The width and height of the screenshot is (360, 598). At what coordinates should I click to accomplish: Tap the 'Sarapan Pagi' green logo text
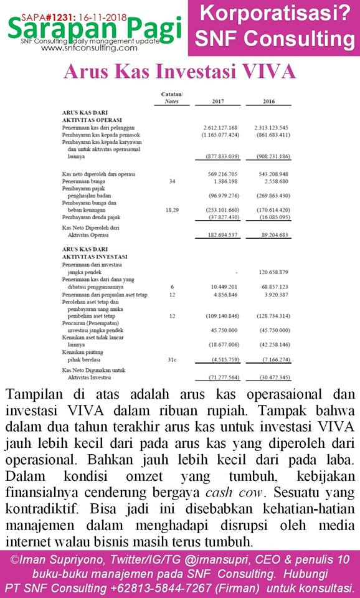[x=93, y=27]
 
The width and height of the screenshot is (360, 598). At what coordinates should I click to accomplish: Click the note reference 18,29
[x=173, y=211]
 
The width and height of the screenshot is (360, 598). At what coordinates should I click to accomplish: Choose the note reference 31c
[x=173, y=359]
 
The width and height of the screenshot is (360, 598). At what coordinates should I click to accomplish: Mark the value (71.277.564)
[x=221, y=377]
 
